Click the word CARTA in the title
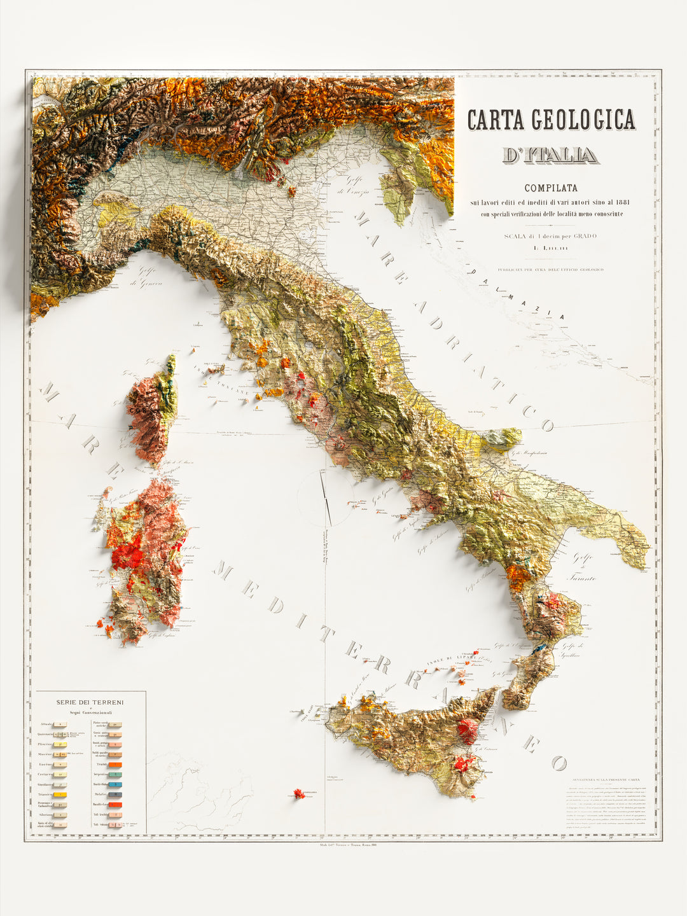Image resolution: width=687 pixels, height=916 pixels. (496, 120)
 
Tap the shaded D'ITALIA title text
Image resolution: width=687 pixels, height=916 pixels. (550, 155)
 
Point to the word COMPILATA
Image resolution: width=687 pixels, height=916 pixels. (551, 188)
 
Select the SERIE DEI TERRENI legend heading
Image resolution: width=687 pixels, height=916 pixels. (90, 702)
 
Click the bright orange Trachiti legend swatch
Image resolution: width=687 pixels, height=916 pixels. (115, 765)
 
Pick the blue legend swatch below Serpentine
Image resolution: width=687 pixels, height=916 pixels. (115, 785)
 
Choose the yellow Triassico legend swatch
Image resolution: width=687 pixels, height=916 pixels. (60, 795)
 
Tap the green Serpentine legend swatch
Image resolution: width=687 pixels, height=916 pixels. (115, 775)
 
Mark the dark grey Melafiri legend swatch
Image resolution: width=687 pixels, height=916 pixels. (115, 795)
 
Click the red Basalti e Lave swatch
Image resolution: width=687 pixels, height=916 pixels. (115, 805)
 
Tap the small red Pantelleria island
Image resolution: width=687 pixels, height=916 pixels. (297, 793)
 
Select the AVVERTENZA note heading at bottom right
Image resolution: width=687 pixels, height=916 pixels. (606, 779)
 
